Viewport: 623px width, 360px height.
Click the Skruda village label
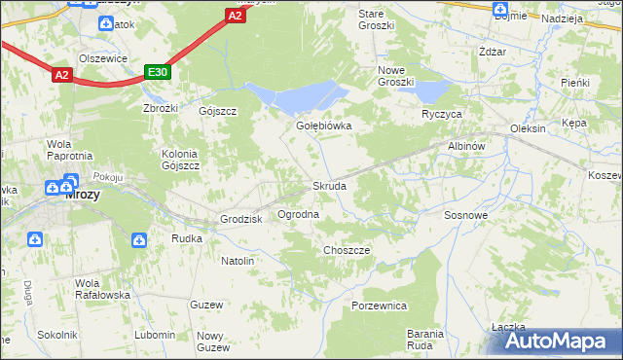[328, 186]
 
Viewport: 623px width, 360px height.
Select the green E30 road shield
[158, 72]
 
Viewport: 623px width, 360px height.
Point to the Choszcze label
[347, 250]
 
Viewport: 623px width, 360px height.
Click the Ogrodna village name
[299, 213]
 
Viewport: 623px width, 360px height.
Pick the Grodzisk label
[242, 219]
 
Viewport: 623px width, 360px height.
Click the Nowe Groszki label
[396, 76]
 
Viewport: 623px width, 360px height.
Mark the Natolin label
[238, 261]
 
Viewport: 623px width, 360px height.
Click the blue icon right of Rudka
[139, 238]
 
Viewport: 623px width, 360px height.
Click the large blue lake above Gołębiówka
[302, 96]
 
